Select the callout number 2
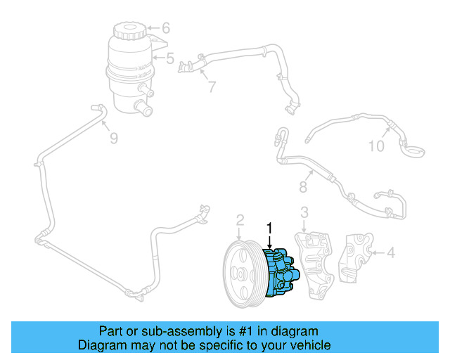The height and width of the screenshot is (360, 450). [x=239, y=221]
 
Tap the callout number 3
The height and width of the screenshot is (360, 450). [x=304, y=212]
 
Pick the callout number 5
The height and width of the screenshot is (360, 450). [x=169, y=59]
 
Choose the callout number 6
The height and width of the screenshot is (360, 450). [x=166, y=29]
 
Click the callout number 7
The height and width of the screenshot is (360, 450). [x=211, y=87]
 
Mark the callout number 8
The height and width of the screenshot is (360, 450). [x=304, y=188]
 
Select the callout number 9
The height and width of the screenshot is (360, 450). [x=112, y=139]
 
